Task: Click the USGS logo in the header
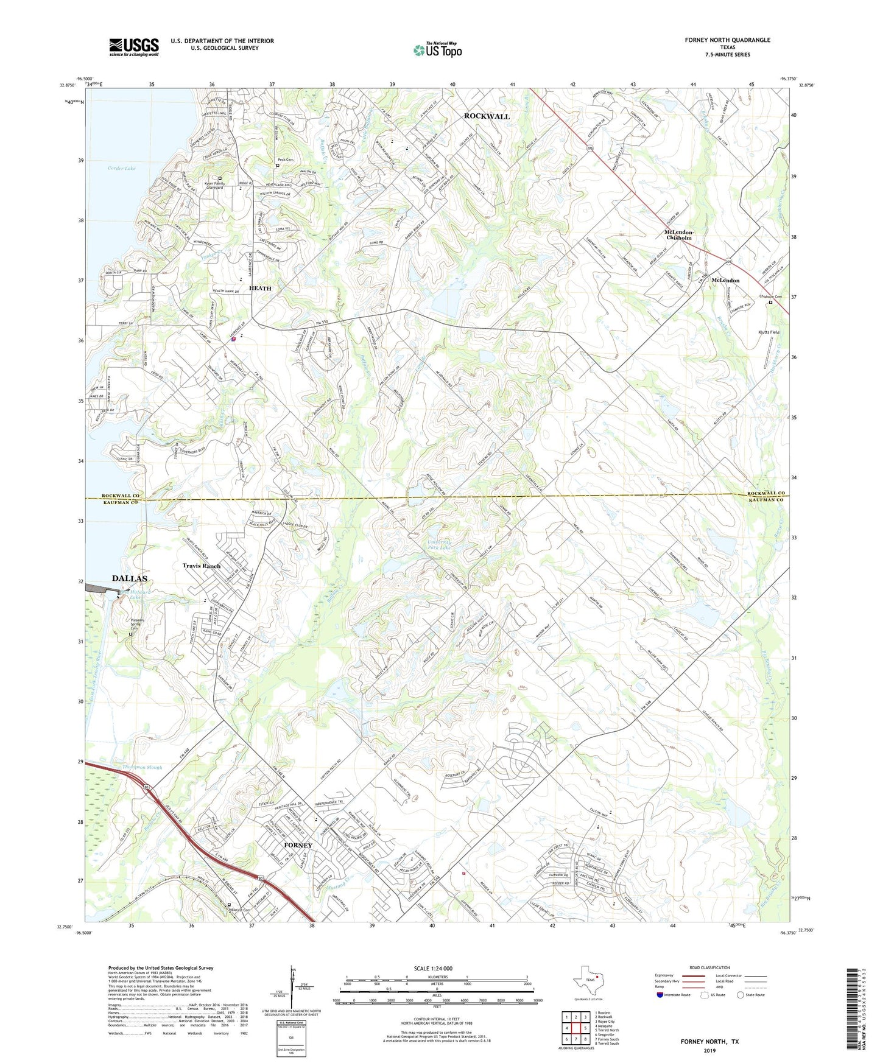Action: [133, 47]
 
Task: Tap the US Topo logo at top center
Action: [437, 50]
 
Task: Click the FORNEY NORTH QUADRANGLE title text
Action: [727, 40]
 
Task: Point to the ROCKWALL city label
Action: [487, 116]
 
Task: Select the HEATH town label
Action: [260, 288]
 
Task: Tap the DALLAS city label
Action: [129, 578]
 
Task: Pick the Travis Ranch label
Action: [202, 566]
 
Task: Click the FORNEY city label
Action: [298, 845]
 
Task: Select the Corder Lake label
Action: [121, 168]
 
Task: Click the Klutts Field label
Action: [768, 332]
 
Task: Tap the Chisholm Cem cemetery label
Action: [770, 297]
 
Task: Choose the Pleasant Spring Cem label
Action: [138, 624]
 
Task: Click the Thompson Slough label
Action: [143, 768]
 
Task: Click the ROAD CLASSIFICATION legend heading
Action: [709, 967]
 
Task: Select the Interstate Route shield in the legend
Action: [661, 995]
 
